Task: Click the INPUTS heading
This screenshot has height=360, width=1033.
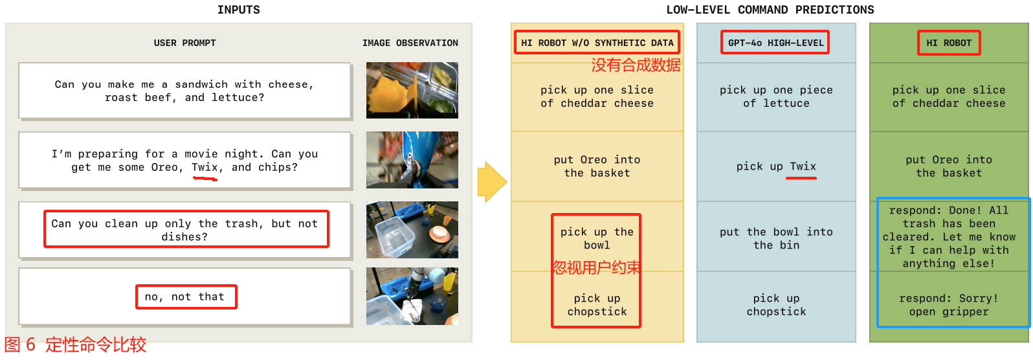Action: click(x=238, y=10)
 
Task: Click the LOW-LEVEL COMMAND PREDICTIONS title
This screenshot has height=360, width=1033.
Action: click(x=770, y=10)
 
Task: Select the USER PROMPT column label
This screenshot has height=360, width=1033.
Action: click(x=185, y=43)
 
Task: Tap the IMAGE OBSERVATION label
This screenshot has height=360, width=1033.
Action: click(x=410, y=43)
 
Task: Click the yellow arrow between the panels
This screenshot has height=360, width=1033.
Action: click(x=492, y=182)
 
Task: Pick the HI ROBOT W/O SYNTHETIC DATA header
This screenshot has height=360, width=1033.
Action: click(x=597, y=43)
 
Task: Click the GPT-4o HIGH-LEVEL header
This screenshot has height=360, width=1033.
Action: click(x=775, y=43)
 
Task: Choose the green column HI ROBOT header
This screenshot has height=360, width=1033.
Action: click(x=949, y=43)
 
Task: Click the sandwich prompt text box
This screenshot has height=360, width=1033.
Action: click(x=185, y=91)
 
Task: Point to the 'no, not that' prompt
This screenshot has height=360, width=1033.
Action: click(x=185, y=297)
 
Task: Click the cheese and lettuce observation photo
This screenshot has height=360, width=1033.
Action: click(x=412, y=91)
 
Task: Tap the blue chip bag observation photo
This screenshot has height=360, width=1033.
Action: click(x=412, y=160)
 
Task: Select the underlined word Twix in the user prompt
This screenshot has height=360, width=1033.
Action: click(x=205, y=167)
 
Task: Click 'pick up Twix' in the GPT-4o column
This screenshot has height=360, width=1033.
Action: click(x=776, y=166)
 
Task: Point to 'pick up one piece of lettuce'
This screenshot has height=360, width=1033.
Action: click(x=776, y=96)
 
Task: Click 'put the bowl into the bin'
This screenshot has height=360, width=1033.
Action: click(x=776, y=238)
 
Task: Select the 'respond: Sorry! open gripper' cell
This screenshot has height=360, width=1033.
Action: click(x=949, y=304)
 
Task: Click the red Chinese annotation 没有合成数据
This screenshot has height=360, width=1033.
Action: click(x=636, y=65)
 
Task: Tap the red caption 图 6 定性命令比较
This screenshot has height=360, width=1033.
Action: click(x=75, y=344)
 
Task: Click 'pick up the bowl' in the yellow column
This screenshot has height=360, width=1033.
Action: click(x=597, y=238)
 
